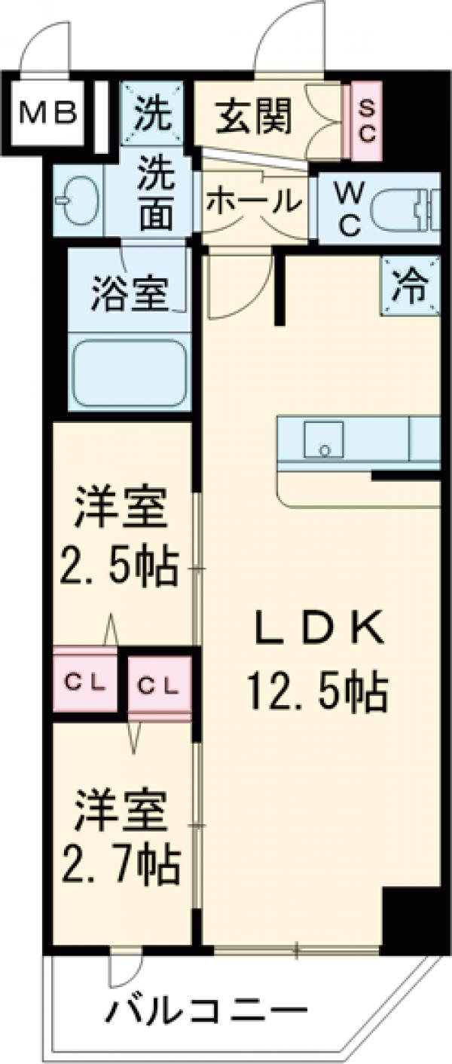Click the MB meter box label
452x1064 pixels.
coord(47,114)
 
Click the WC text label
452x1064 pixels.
coord(347,210)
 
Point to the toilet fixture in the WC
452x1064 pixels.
coord(406,207)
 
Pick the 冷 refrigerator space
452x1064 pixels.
coord(410,287)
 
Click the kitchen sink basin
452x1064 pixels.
coord(323,440)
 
